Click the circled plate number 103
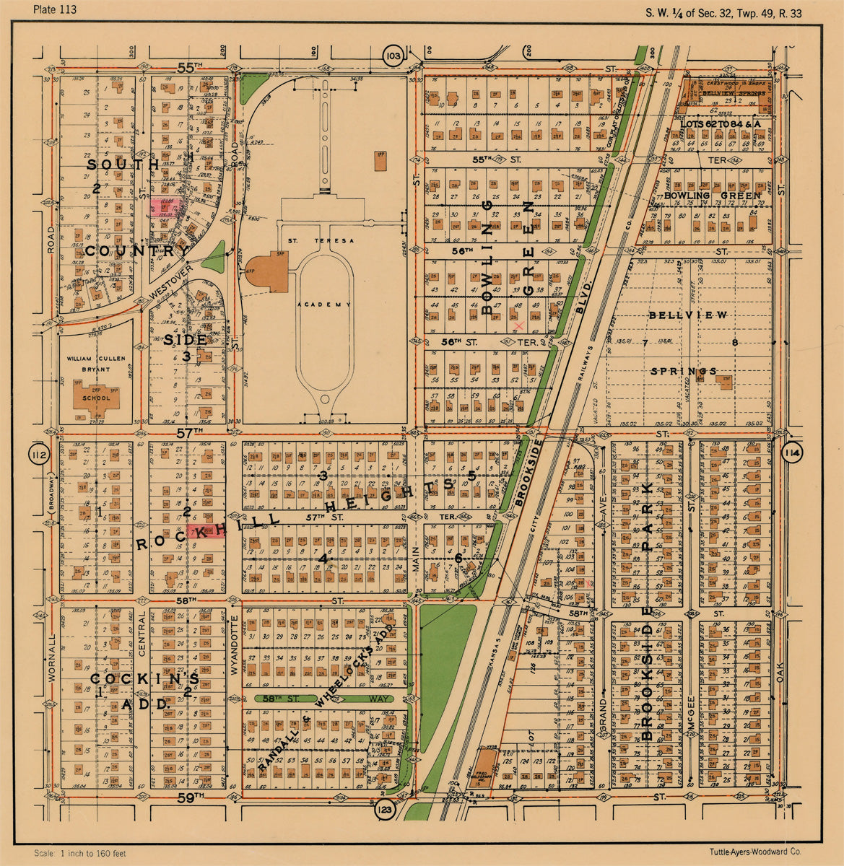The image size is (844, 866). (393, 56)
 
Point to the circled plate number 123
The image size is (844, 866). (385, 810)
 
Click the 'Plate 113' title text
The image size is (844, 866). (55, 9)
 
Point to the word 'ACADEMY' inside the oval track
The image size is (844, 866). (326, 305)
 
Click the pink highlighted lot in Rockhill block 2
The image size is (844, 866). (202, 532)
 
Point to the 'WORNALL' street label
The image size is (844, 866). (51, 657)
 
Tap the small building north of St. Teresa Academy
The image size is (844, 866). (381, 161)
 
